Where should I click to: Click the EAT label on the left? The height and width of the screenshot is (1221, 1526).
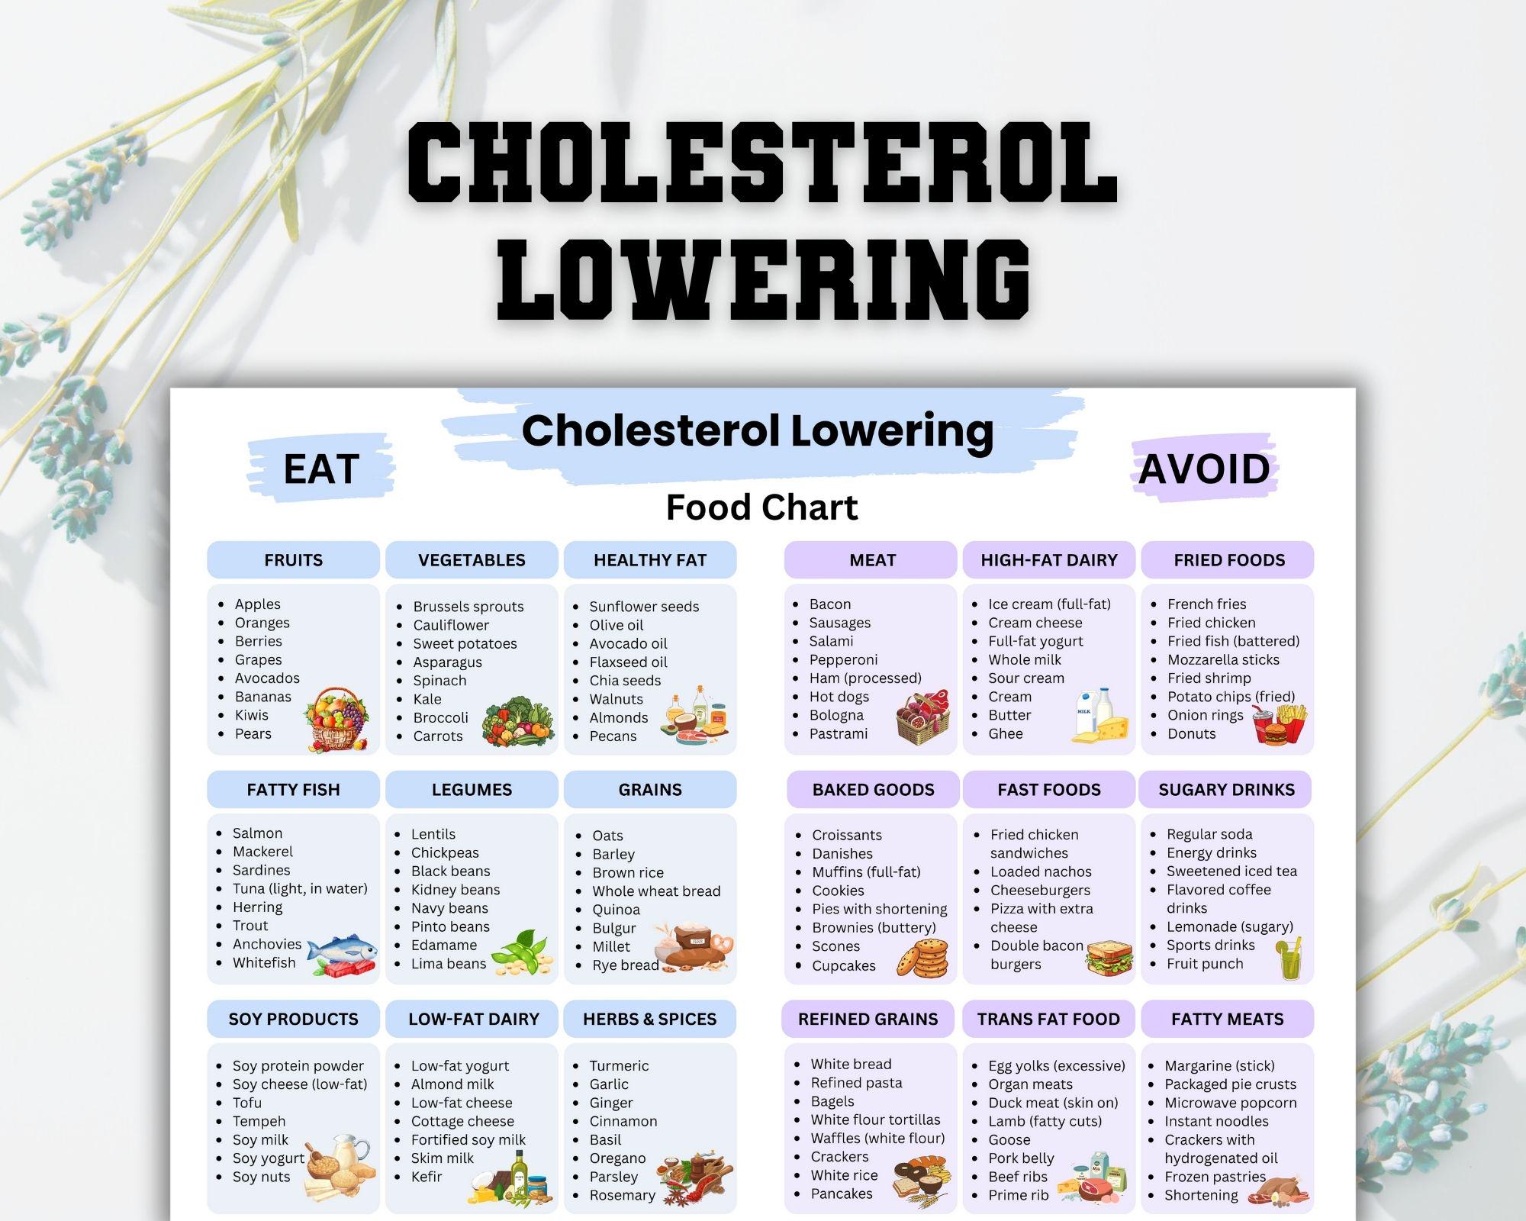[321, 469]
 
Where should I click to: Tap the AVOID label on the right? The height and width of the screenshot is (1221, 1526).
[1204, 469]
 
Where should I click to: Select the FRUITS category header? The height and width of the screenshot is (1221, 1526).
[293, 560]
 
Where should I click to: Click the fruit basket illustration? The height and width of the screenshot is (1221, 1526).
[336, 718]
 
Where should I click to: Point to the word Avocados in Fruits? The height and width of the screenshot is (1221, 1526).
[267, 678]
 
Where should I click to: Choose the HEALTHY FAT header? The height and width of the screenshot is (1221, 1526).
[650, 560]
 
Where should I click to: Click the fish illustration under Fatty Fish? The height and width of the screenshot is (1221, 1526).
[343, 955]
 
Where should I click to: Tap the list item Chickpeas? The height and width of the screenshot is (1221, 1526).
[445, 852]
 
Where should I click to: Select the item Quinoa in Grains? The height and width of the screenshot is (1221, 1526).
[617, 910]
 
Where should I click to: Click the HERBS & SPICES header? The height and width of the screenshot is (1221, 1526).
[650, 1019]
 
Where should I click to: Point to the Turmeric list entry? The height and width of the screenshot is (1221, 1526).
[619, 1066]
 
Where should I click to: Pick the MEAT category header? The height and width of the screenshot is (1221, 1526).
[872, 560]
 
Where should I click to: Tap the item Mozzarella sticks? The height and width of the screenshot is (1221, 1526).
[1223, 660]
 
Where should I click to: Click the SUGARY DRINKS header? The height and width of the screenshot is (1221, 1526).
[1226, 790]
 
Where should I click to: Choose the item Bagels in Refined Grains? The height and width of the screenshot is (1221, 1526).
[832, 1101]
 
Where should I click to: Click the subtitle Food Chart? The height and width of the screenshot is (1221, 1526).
[761, 507]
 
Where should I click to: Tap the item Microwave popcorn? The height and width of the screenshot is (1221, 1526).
[1230, 1103]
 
